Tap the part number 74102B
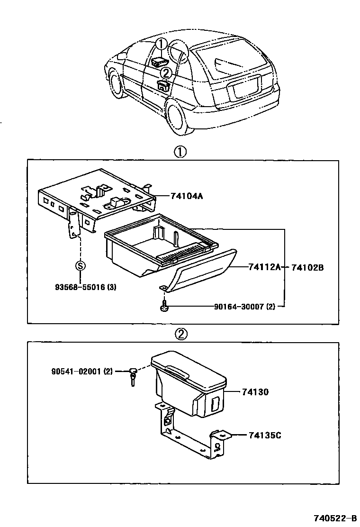click(307, 267)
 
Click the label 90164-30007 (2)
click(244, 307)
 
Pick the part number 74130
click(255, 392)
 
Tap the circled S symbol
click(80, 265)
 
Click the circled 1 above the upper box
click(180, 152)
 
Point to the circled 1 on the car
click(161, 45)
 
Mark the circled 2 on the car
click(166, 73)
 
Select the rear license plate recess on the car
click(244, 87)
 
